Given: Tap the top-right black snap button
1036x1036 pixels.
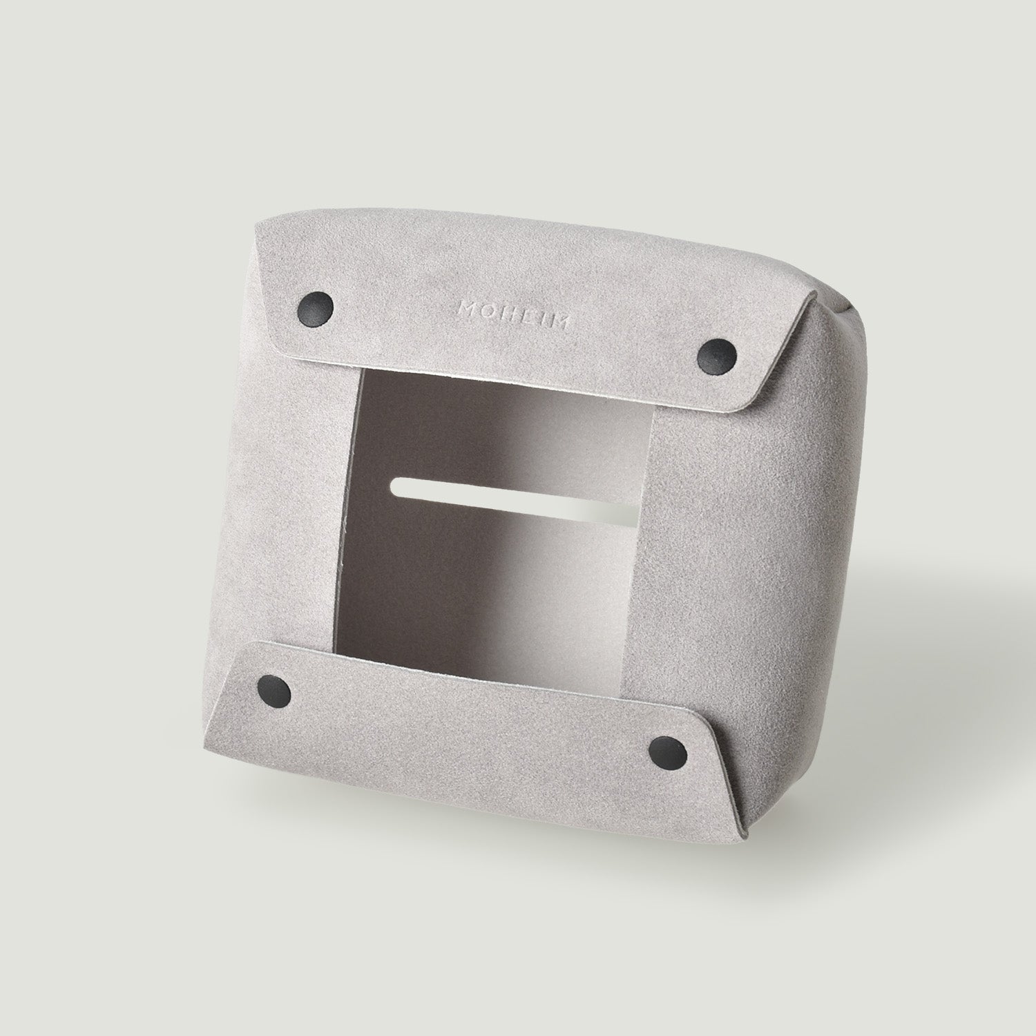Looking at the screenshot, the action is tap(714, 354).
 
